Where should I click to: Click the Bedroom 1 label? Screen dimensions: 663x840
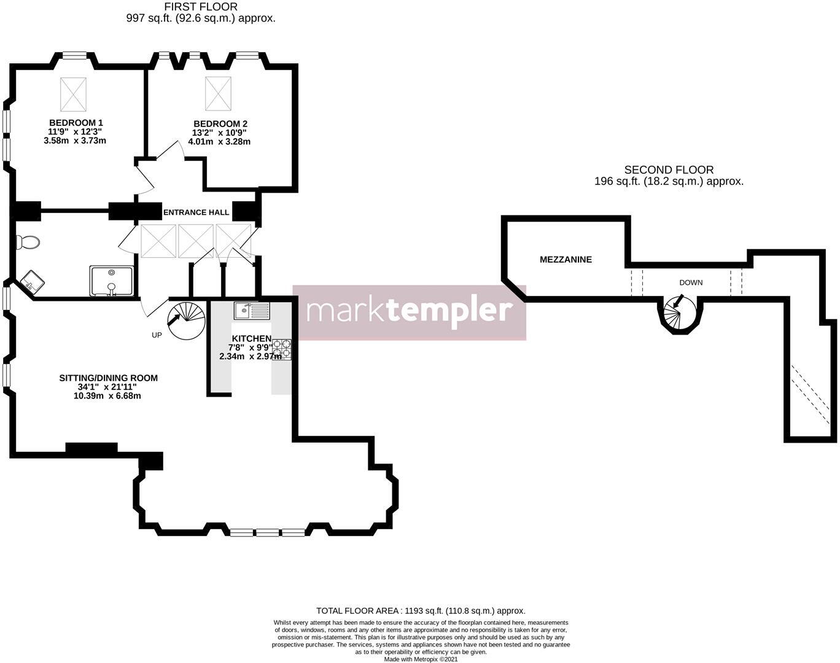[76, 123]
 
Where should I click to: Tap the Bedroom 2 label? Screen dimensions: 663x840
[219, 123]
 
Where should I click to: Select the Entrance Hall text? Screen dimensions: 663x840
[196, 212]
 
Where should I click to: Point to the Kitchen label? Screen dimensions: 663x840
[251, 339]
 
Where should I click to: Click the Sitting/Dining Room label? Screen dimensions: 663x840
[108, 378]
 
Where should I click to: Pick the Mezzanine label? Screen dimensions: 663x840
[566, 260]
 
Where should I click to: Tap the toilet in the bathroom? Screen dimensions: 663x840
[28, 242]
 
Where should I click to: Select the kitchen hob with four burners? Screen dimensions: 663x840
[282, 349]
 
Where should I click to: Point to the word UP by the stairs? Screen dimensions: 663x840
[157, 335]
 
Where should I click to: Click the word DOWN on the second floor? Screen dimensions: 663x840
[691, 283]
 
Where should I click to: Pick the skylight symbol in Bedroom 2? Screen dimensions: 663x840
[218, 92]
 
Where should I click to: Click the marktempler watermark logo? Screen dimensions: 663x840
[409, 312]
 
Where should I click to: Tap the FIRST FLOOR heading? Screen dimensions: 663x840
[201, 7]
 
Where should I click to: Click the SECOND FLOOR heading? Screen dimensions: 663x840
[669, 170]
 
